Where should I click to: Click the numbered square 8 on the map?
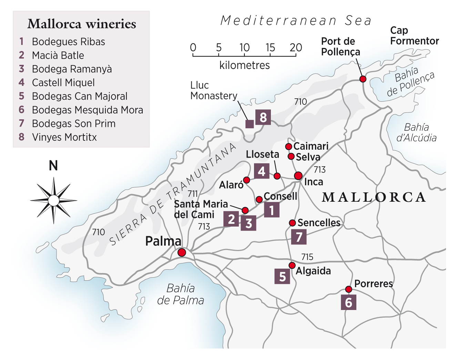263,117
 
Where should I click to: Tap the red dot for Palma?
182,252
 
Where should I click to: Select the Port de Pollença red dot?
363,79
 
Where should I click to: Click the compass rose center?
54,200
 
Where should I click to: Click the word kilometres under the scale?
244,65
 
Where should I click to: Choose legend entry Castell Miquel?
63,83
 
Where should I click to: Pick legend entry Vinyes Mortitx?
64,137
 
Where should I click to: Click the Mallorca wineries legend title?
82,24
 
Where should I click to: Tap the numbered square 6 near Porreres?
348,302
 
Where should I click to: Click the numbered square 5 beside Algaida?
282,276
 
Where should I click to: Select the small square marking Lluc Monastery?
250,124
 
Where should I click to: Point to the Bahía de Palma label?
181,294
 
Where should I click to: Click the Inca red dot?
298,176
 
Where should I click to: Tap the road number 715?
307,257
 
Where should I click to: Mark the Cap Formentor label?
414,36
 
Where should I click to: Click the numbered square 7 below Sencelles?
299,237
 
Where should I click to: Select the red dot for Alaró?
246,180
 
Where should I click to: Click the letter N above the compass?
53,166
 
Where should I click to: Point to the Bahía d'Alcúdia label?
416,133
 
